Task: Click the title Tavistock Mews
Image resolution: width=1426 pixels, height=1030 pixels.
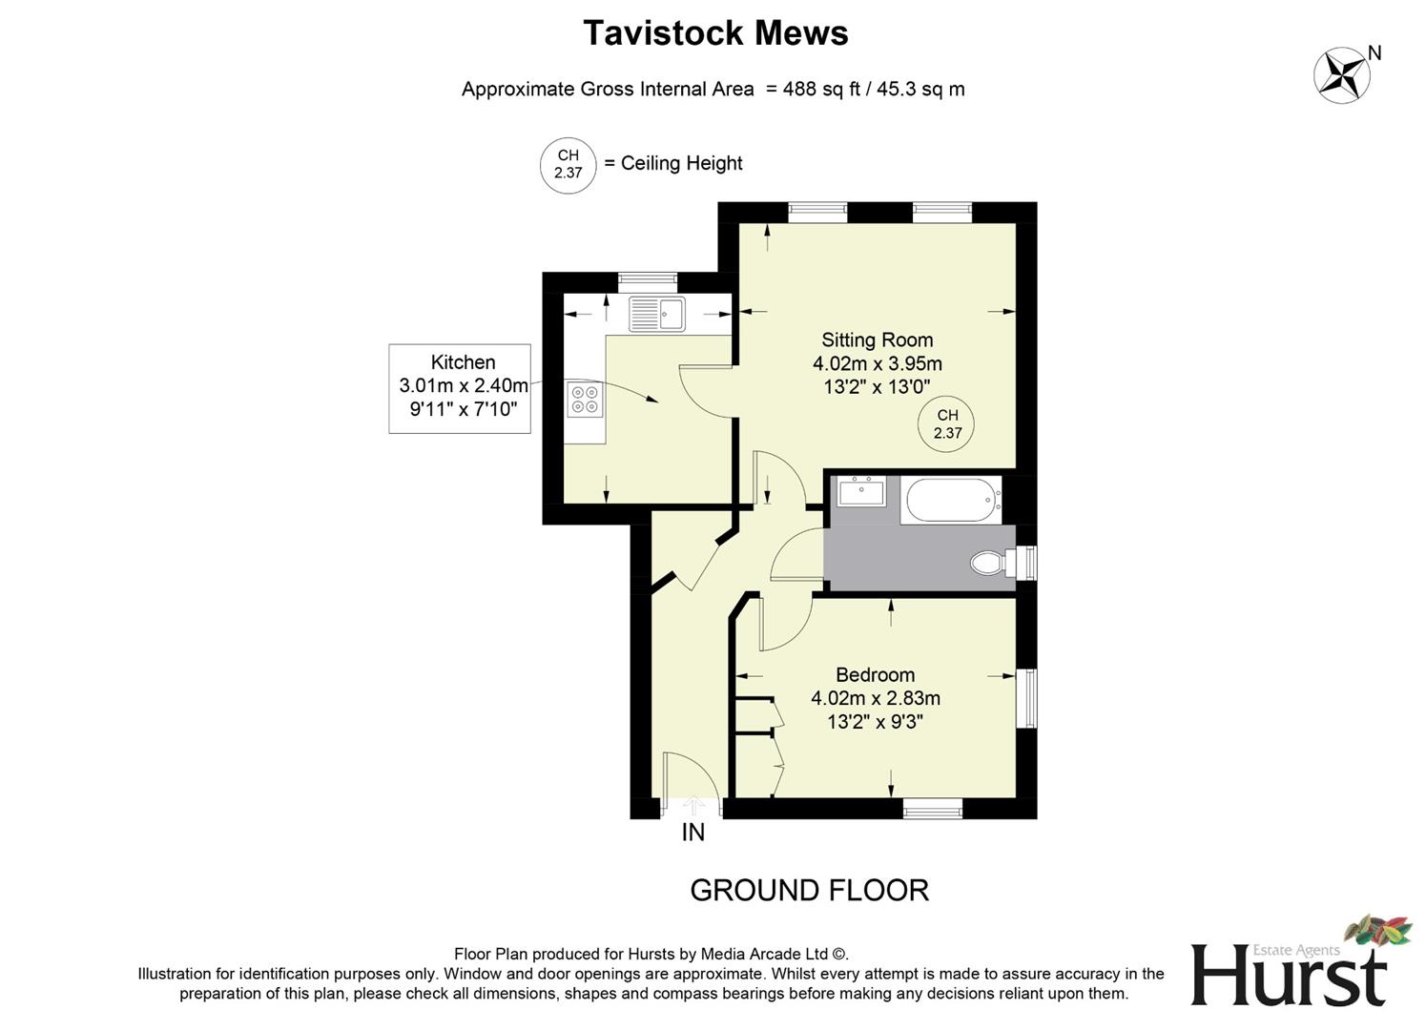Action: (x=715, y=33)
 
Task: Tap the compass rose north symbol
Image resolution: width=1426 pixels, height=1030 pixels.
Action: (x=1343, y=75)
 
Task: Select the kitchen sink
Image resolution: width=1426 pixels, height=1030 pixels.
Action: (x=657, y=313)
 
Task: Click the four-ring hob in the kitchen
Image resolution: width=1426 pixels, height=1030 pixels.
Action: (x=585, y=399)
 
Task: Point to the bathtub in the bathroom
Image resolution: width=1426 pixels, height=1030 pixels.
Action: (x=951, y=500)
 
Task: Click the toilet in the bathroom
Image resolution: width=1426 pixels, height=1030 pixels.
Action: (x=988, y=563)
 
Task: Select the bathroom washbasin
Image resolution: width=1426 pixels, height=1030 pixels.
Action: (x=861, y=492)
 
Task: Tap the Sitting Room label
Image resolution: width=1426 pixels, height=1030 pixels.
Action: (x=877, y=340)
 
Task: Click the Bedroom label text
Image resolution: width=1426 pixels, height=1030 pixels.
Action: (x=875, y=675)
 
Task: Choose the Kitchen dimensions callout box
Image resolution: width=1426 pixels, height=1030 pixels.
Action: (x=460, y=388)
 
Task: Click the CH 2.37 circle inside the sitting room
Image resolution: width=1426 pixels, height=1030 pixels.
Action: (x=946, y=423)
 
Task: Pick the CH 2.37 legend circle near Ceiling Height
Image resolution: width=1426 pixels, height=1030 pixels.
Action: (x=568, y=165)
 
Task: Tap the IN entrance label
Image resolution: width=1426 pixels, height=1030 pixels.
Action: (x=693, y=833)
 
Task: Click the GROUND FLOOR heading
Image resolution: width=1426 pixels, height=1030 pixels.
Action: (x=809, y=890)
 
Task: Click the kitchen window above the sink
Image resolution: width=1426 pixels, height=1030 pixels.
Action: (x=648, y=282)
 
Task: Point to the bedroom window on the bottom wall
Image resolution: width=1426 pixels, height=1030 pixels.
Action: (x=933, y=809)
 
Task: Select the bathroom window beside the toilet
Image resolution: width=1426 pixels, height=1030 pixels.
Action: (x=1027, y=563)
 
